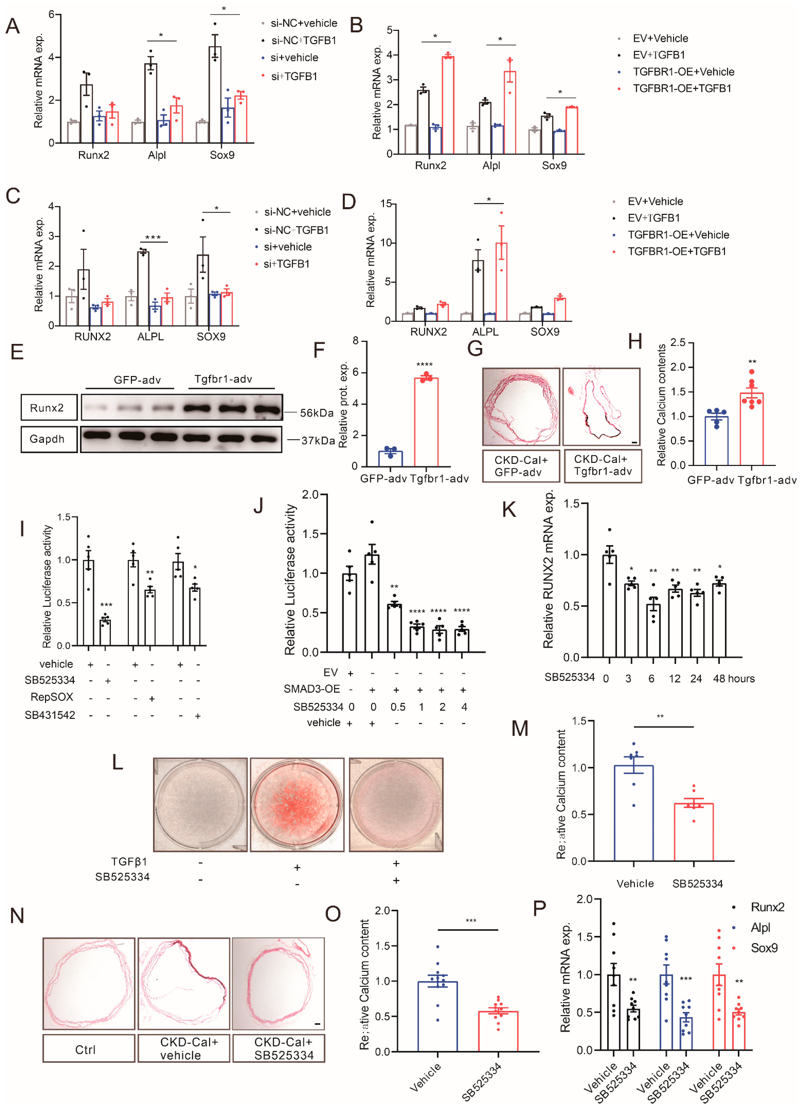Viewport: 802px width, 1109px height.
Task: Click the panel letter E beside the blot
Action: pyautogui.click(x=17, y=352)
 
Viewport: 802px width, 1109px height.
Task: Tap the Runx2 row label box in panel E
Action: pyautogui.click(x=49, y=407)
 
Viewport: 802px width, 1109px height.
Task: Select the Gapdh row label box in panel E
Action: pyautogui.click(x=49, y=439)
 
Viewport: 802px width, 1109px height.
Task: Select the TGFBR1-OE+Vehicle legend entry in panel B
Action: pyautogui.click(x=683, y=72)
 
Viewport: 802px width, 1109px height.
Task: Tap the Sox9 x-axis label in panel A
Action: pyautogui.click(x=222, y=155)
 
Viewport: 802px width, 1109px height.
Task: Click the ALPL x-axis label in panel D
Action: pyautogui.click(x=485, y=331)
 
